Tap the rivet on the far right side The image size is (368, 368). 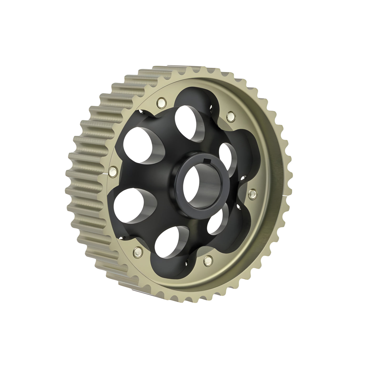coord(253,193)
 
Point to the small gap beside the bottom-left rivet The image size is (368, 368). coord(121,238)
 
